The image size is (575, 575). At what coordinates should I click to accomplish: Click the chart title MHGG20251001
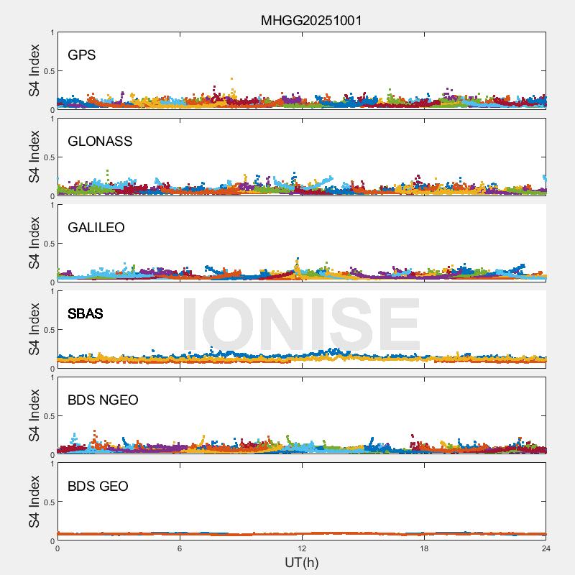click(x=310, y=20)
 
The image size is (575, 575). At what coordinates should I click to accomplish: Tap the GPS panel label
click(x=82, y=55)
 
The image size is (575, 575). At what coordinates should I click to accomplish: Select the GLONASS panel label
click(x=100, y=142)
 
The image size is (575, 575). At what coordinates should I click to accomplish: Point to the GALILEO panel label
click(x=96, y=228)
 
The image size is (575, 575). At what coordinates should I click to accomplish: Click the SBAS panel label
click(x=86, y=314)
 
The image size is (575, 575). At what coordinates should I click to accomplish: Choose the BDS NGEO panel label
click(x=103, y=400)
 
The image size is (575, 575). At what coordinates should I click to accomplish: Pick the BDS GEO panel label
click(x=98, y=487)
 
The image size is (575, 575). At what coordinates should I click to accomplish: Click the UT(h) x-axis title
click(x=302, y=562)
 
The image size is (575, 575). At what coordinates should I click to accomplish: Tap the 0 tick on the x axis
click(x=57, y=548)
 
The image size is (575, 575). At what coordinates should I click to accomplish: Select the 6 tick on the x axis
click(x=180, y=548)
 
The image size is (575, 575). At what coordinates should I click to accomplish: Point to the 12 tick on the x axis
click(x=302, y=548)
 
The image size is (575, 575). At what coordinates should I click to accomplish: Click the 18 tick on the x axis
click(x=424, y=548)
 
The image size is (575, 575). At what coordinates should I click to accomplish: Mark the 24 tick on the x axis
click(x=546, y=548)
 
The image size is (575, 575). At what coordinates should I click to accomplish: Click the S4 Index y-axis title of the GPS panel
click(x=34, y=70)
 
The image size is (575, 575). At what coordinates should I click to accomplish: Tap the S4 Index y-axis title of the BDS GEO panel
click(x=34, y=502)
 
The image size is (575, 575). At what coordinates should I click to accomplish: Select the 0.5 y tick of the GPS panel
click(x=48, y=71)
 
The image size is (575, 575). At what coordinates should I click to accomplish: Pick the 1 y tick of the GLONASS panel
click(x=52, y=119)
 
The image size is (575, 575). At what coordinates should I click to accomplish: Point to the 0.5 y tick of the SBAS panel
click(x=48, y=330)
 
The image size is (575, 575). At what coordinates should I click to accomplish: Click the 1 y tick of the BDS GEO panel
click(x=52, y=464)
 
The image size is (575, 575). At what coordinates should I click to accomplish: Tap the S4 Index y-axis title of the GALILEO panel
click(x=34, y=243)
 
